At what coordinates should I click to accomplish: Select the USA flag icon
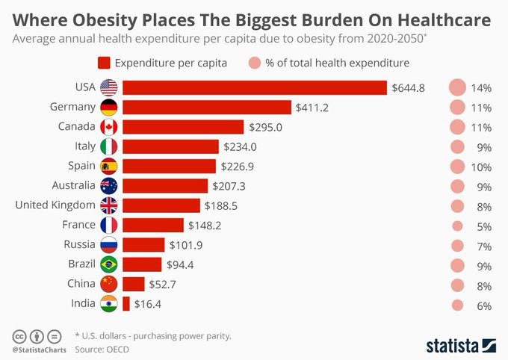[109, 88]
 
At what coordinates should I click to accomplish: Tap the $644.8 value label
[408, 88]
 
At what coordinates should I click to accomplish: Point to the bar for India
[126, 303]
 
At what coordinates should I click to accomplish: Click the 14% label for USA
[480, 88]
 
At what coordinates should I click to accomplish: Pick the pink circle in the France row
[457, 226]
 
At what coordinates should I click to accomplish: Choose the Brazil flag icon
[109, 264]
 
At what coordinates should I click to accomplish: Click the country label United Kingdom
[55, 205]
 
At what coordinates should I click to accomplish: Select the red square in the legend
[104, 63]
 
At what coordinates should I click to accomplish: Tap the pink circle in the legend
[255, 63]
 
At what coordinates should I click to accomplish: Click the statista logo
[461, 345]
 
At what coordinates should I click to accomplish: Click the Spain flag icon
[109, 167]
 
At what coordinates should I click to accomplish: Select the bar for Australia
[165, 186]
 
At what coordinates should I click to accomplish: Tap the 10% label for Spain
[480, 167]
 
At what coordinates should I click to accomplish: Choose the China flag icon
[109, 284]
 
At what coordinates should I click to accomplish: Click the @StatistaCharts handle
[39, 350]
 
